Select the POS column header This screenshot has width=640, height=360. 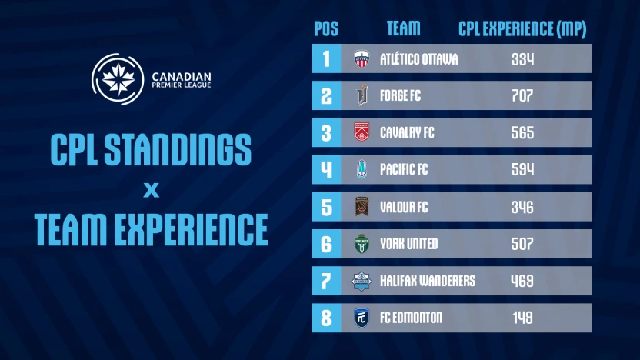pos(326,29)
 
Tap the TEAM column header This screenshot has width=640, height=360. pos(403,29)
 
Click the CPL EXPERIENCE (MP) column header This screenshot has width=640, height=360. pos(522,29)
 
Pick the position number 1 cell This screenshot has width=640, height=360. pos(326,58)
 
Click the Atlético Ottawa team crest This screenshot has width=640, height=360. pos(362,59)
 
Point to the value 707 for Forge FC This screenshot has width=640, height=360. pos(522,96)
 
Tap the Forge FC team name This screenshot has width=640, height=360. pos(400,96)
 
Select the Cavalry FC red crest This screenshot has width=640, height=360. pos(362,133)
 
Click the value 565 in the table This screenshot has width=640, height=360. pos(522,133)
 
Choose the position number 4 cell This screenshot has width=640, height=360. pos(326,170)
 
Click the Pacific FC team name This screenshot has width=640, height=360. pos(404,170)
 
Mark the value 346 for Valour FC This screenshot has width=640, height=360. pos(522,207)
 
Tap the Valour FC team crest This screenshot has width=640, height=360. pos(362,207)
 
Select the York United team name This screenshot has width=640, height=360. pos(408,244)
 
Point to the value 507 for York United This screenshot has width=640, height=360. pos(522,244)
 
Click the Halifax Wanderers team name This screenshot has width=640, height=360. pos(427,281)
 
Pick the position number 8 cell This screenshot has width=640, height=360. pos(326,318)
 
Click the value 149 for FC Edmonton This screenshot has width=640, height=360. pos(522,318)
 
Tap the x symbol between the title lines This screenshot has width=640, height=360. pos(151,189)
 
